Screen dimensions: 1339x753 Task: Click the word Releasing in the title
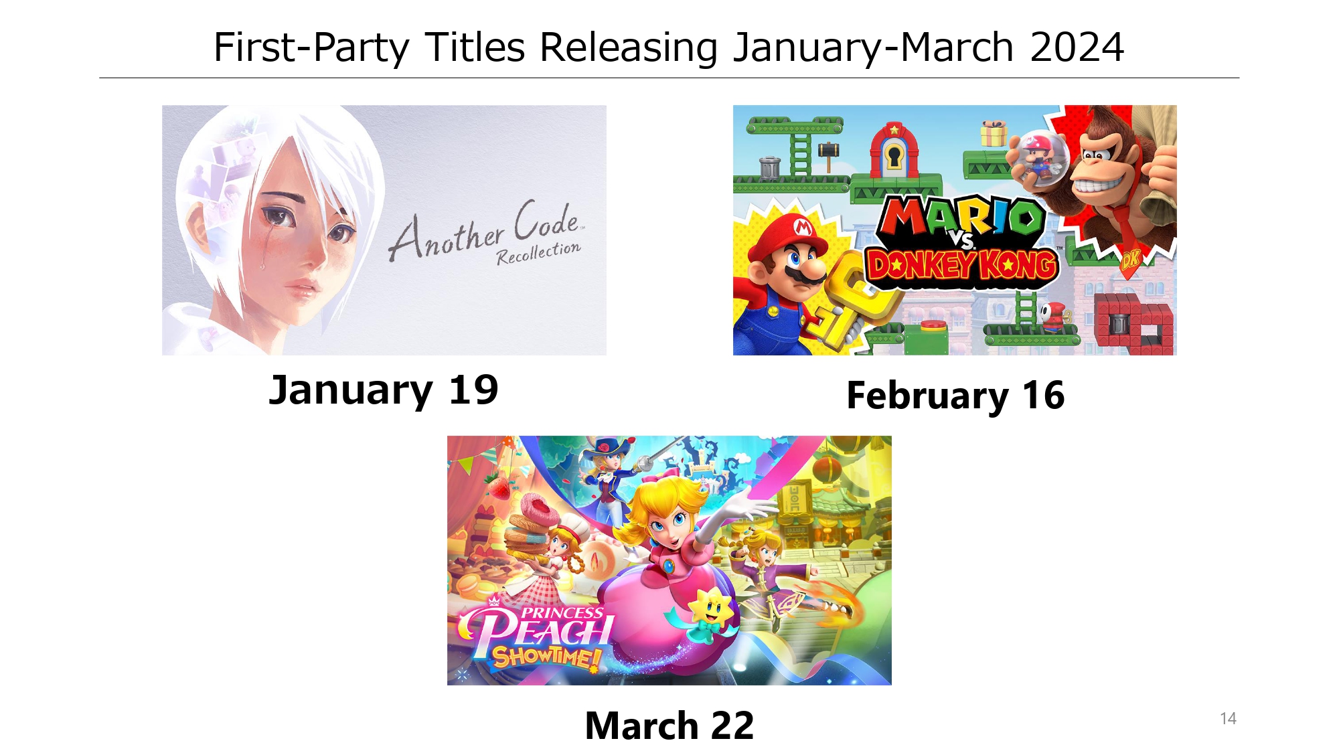(629, 48)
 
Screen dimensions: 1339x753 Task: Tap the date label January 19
(384, 390)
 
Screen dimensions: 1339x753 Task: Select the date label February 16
(955, 396)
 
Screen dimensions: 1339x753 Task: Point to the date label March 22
(669, 726)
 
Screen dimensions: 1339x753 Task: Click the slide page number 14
(1228, 719)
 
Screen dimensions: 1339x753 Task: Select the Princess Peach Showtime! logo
(536, 635)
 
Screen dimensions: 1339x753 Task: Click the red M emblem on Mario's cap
(803, 228)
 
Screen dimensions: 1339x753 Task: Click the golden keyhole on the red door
(893, 158)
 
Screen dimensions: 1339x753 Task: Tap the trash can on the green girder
(769, 167)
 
